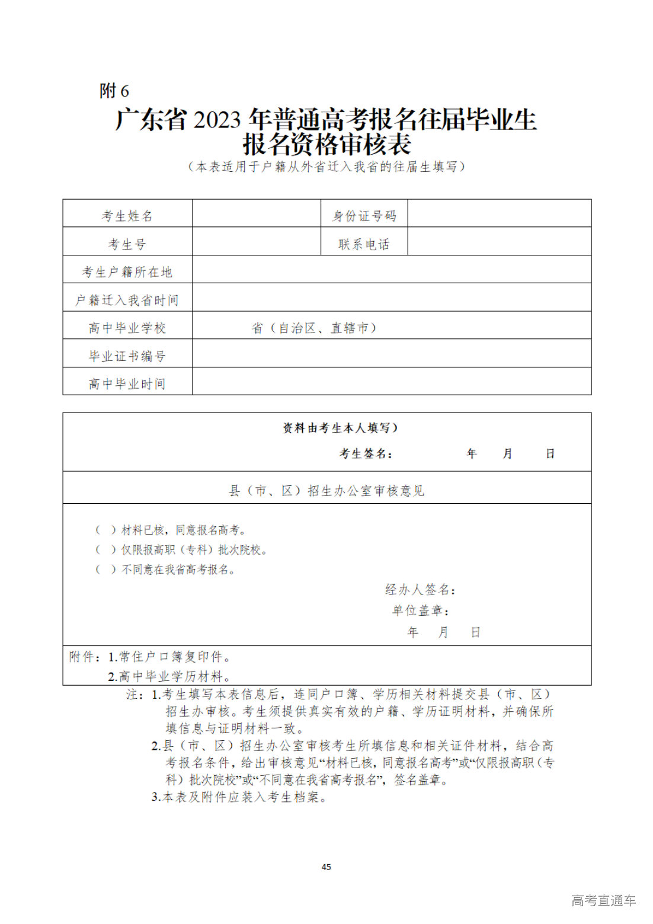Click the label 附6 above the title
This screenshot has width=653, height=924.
pyautogui.click(x=114, y=91)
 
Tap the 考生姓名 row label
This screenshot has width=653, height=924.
pyautogui.click(x=127, y=216)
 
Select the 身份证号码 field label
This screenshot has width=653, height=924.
pyautogui.click(x=364, y=216)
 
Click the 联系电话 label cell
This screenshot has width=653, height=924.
pyautogui.click(x=364, y=244)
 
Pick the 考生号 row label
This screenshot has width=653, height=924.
pyautogui.click(x=127, y=244)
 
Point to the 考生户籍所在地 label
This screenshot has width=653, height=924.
pyautogui.click(x=127, y=272)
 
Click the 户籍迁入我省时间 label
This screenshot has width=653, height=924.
pyautogui.click(x=127, y=300)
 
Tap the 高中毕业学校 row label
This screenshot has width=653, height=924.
pyautogui.click(x=127, y=328)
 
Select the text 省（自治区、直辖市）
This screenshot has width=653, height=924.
pyautogui.click(x=314, y=328)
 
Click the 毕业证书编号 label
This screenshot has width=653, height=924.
pyautogui.click(x=127, y=356)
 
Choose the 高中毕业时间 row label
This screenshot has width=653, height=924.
pyautogui.click(x=127, y=384)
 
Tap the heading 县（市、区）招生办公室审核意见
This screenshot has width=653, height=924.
pyautogui.click(x=326, y=491)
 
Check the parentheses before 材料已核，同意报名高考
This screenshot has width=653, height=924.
pyautogui.click(x=106, y=530)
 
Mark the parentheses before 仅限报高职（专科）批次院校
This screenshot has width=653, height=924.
pyautogui.click(x=106, y=550)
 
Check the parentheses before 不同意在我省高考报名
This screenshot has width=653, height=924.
pyautogui.click(x=106, y=570)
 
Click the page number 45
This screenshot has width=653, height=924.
pyautogui.click(x=326, y=867)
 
